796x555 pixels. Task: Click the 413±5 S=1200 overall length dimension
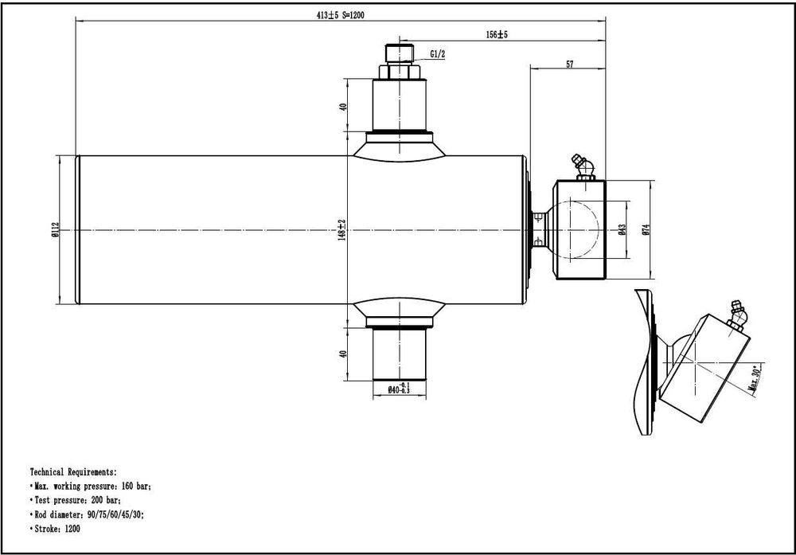(340, 15)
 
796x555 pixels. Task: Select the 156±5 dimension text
(497, 34)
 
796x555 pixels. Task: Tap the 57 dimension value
(570, 64)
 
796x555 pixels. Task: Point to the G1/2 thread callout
(438, 54)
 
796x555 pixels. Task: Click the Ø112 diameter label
(55, 229)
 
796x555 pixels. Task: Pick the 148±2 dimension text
(341, 230)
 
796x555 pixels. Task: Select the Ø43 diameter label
(622, 229)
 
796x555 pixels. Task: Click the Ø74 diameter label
(646, 229)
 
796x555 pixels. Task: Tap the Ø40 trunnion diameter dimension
(399, 389)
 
